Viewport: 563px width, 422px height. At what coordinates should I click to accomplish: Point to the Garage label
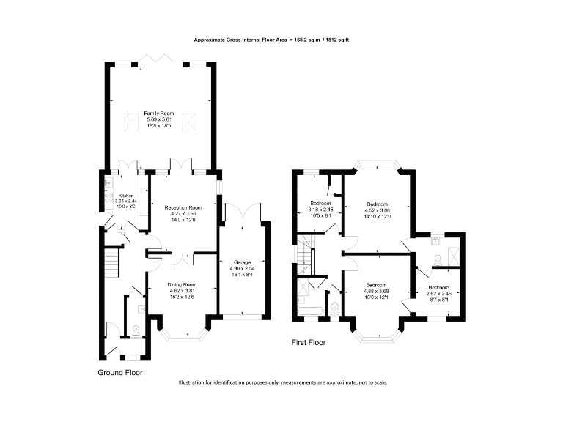pos(241,262)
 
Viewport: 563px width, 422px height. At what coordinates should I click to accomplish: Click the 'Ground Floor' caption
pos(120,372)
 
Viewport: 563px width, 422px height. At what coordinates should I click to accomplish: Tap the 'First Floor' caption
pos(308,342)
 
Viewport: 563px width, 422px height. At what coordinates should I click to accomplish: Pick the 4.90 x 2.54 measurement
pos(241,268)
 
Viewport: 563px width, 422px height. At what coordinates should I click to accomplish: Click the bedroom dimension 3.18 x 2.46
pos(320,209)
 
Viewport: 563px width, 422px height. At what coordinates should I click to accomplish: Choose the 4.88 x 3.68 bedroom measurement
pos(376,292)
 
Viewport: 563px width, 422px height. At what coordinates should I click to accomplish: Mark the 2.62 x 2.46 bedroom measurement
pos(438,293)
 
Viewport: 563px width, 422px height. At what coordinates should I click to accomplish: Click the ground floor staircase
pos(110,264)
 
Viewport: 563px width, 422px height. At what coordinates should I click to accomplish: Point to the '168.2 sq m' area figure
pos(307,40)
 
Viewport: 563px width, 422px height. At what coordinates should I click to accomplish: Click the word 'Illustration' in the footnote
pos(194,383)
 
